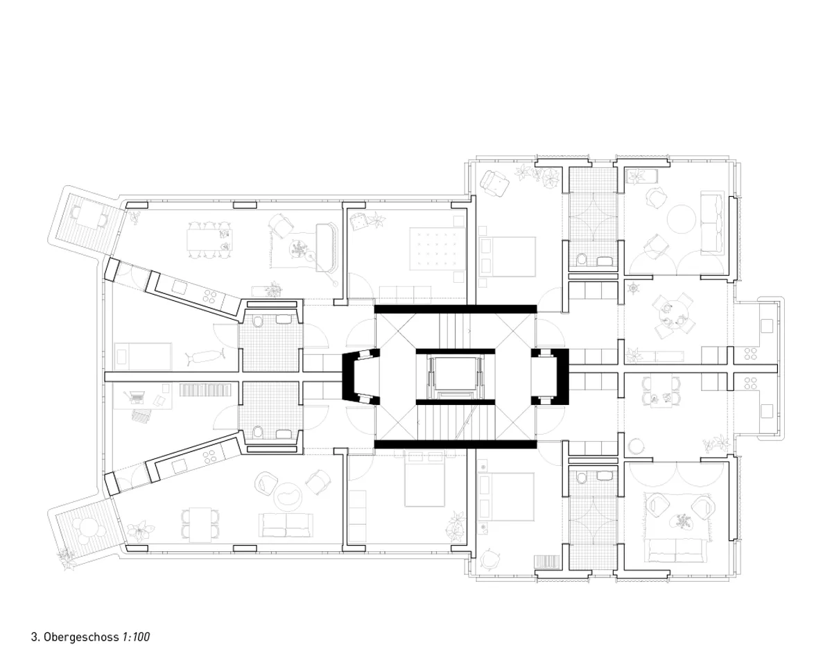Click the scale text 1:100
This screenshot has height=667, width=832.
pyautogui.click(x=136, y=637)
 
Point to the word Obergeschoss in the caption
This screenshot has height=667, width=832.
pyautogui.click(x=81, y=637)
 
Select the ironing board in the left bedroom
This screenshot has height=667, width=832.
pyautogui.click(x=205, y=356)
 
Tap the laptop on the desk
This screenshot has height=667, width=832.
pyautogui.click(x=133, y=397)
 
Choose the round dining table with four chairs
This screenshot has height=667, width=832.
pyautogui.click(x=673, y=314)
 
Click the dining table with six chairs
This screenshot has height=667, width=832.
pyautogui.click(x=209, y=240)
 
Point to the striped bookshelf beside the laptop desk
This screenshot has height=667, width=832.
pyautogui.click(x=205, y=390)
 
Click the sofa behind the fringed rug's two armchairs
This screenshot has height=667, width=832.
pyautogui.click(x=676, y=551)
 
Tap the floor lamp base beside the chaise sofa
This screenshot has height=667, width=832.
pyautogui.click(x=336, y=284)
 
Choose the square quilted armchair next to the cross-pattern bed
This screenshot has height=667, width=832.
pyautogui.click(x=358, y=221)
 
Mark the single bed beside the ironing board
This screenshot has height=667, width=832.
pyautogui.click(x=143, y=356)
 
